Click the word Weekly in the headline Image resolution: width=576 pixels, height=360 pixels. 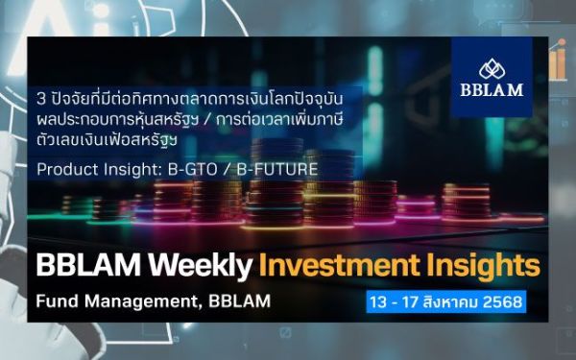pos(205,265)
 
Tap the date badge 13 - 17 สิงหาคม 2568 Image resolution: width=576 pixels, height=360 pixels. pos(445,302)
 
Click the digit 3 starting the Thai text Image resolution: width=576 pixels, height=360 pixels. pos(39,98)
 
